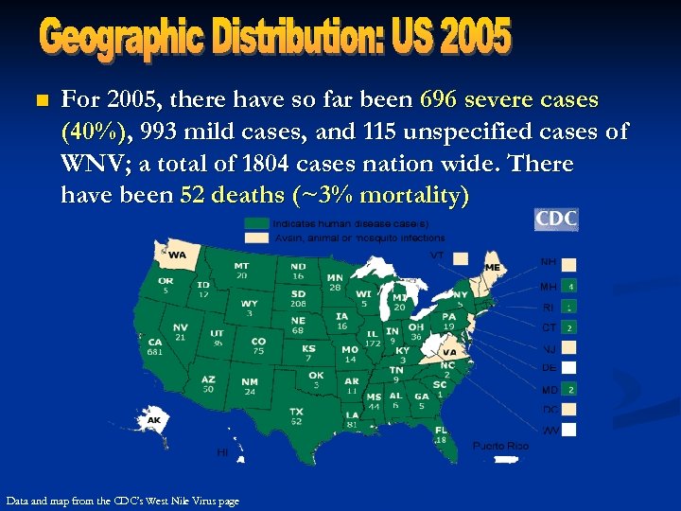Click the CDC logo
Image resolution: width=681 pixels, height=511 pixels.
(556, 220)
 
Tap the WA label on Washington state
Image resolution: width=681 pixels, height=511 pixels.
(178, 255)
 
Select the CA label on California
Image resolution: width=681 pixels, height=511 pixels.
(155, 341)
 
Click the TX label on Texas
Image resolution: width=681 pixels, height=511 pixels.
(296, 412)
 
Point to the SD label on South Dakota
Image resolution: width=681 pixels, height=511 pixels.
(298, 294)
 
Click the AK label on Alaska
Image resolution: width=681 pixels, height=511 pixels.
(153, 420)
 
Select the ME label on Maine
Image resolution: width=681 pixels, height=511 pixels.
(492, 268)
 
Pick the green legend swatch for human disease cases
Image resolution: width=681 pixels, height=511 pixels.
(256, 223)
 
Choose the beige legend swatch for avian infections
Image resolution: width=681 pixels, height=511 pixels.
(256, 238)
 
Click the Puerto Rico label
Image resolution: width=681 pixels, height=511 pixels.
(500, 446)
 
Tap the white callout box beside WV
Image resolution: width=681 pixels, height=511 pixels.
(570, 431)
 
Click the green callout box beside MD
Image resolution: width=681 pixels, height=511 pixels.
(570, 389)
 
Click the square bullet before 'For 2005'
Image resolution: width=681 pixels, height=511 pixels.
(39, 100)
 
